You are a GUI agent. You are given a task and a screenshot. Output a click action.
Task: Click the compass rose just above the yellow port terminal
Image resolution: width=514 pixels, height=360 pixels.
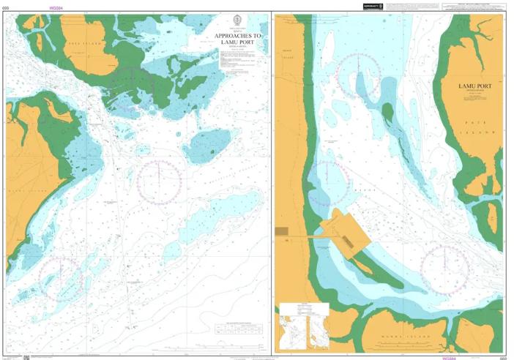pos(329,183)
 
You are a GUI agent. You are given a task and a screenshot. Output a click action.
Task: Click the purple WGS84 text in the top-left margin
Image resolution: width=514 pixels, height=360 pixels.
pos(56,7)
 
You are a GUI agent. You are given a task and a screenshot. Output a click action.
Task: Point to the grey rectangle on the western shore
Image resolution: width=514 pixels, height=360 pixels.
pos(282,231)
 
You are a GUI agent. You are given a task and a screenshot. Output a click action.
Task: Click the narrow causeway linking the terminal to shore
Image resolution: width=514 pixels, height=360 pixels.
pos(308,236)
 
